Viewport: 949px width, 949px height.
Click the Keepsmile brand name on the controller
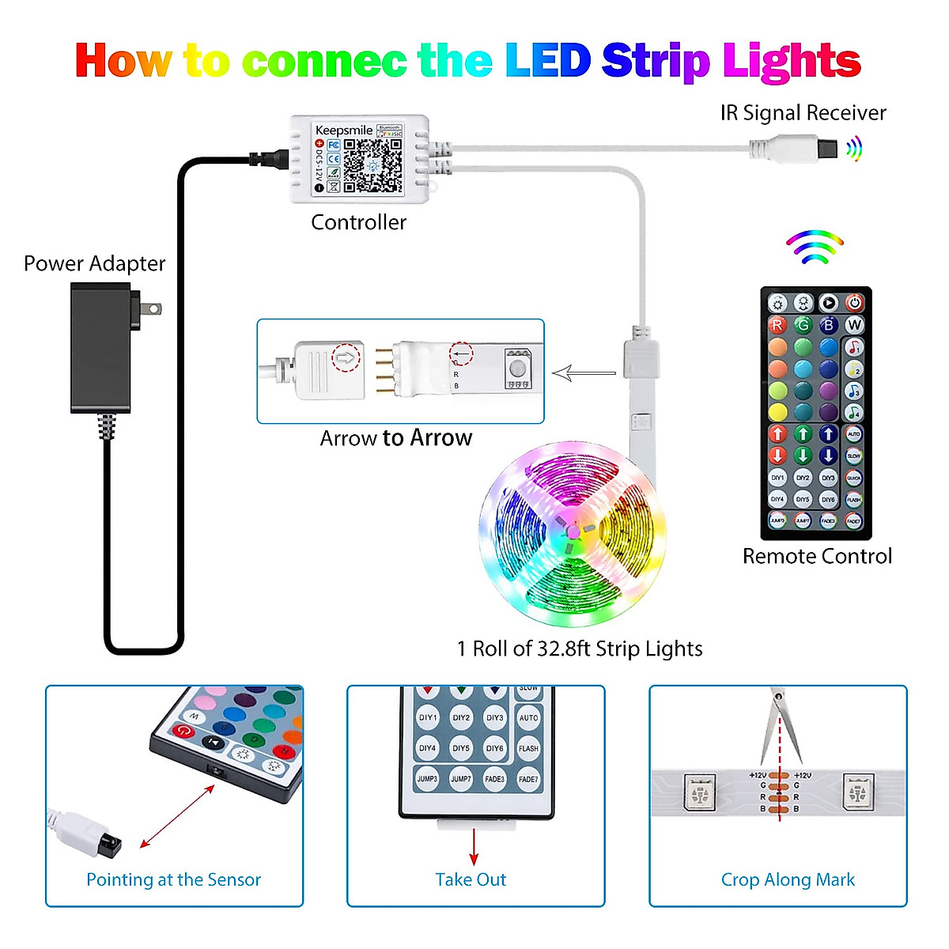[x=343, y=130]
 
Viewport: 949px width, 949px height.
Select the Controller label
[x=358, y=222]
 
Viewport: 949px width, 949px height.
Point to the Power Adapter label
[x=95, y=263]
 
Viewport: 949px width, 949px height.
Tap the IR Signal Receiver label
[x=803, y=113]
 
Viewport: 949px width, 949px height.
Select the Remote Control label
[x=817, y=556]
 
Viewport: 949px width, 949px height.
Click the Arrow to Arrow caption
[x=396, y=438]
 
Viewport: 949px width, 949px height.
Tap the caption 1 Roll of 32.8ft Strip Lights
[x=580, y=648]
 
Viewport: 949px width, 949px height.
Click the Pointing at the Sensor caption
[x=173, y=879]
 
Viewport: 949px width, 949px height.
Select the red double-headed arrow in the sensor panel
[x=177, y=817]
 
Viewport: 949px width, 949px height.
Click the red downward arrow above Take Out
[x=474, y=847]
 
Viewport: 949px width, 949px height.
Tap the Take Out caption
[x=471, y=879]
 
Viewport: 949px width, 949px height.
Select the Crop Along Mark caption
[x=788, y=879]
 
